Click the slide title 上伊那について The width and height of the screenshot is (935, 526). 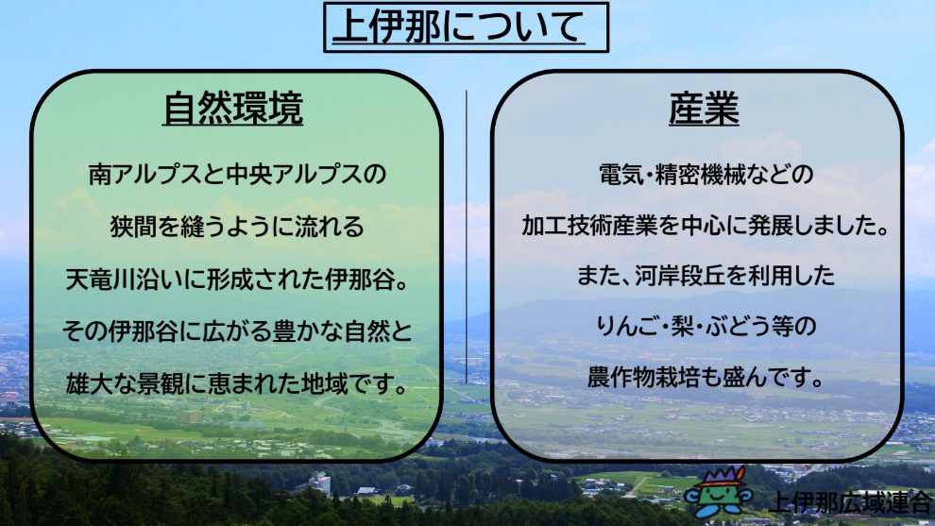coord(459,27)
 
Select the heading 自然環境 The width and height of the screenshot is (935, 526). coord(232,109)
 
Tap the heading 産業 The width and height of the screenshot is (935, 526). coord(704,109)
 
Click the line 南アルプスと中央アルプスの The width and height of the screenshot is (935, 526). coord(237,175)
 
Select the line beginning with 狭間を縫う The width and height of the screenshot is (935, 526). coord(237,228)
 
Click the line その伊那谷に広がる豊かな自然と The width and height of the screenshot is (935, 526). coord(237,331)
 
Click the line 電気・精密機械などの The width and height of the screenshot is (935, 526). coord(705,175)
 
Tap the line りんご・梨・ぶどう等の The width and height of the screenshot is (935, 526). coord(705,327)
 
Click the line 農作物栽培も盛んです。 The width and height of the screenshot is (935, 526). coord(705,378)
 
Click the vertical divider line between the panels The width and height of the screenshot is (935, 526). coord(467,237)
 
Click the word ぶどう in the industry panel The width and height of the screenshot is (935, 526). coord(736,327)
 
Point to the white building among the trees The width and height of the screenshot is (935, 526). coord(318,483)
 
